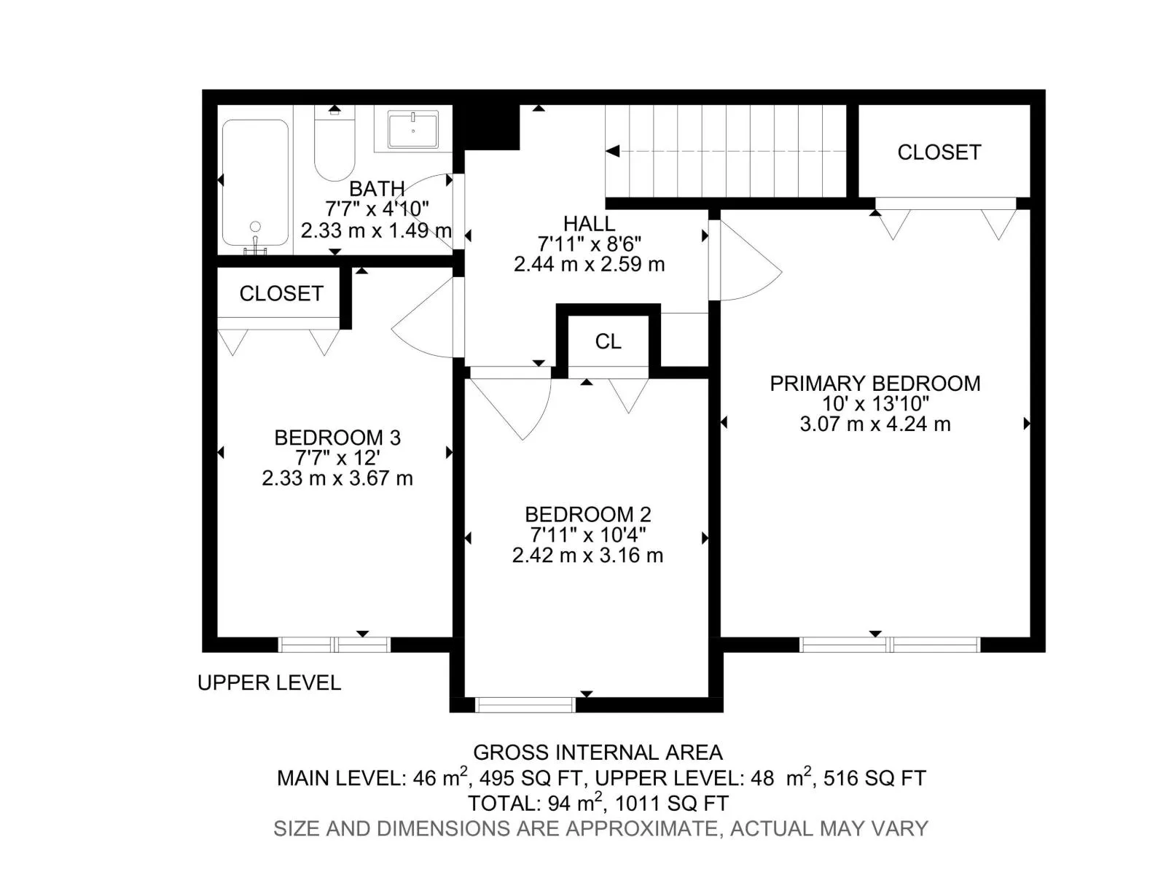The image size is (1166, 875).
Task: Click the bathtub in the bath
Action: pyautogui.click(x=255, y=183)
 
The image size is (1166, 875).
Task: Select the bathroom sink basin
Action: pyautogui.click(x=412, y=129)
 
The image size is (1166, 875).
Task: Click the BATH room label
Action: pyautogui.click(x=377, y=189)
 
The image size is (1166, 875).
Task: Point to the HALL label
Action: pyautogui.click(x=589, y=223)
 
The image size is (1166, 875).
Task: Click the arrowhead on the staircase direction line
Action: pyautogui.click(x=612, y=152)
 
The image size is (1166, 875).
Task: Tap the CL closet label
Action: pyautogui.click(x=609, y=341)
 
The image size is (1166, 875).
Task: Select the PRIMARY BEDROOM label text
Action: pyautogui.click(x=875, y=384)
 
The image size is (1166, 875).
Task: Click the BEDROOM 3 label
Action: pyautogui.click(x=337, y=437)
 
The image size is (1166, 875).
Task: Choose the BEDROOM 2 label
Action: pyautogui.click(x=588, y=514)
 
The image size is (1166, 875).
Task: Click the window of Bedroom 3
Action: pyautogui.click(x=334, y=645)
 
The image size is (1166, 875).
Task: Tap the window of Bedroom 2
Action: pyautogui.click(x=525, y=704)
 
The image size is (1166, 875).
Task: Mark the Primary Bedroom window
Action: pyautogui.click(x=890, y=645)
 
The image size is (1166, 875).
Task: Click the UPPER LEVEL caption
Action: pyautogui.click(x=270, y=682)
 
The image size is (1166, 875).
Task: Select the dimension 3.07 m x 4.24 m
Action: pyautogui.click(x=875, y=424)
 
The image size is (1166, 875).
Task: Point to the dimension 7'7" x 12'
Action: pyautogui.click(x=337, y=458)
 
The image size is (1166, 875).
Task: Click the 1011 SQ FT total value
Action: pyautogui.click(x=671, y=804)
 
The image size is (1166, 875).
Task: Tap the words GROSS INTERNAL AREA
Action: pyautogui.click(x=598, y=752)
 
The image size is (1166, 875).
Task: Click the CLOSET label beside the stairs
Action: pyautogui.click(x=939, y=152)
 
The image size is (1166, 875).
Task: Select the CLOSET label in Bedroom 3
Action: pyautogui.click(x=281, y=294)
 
